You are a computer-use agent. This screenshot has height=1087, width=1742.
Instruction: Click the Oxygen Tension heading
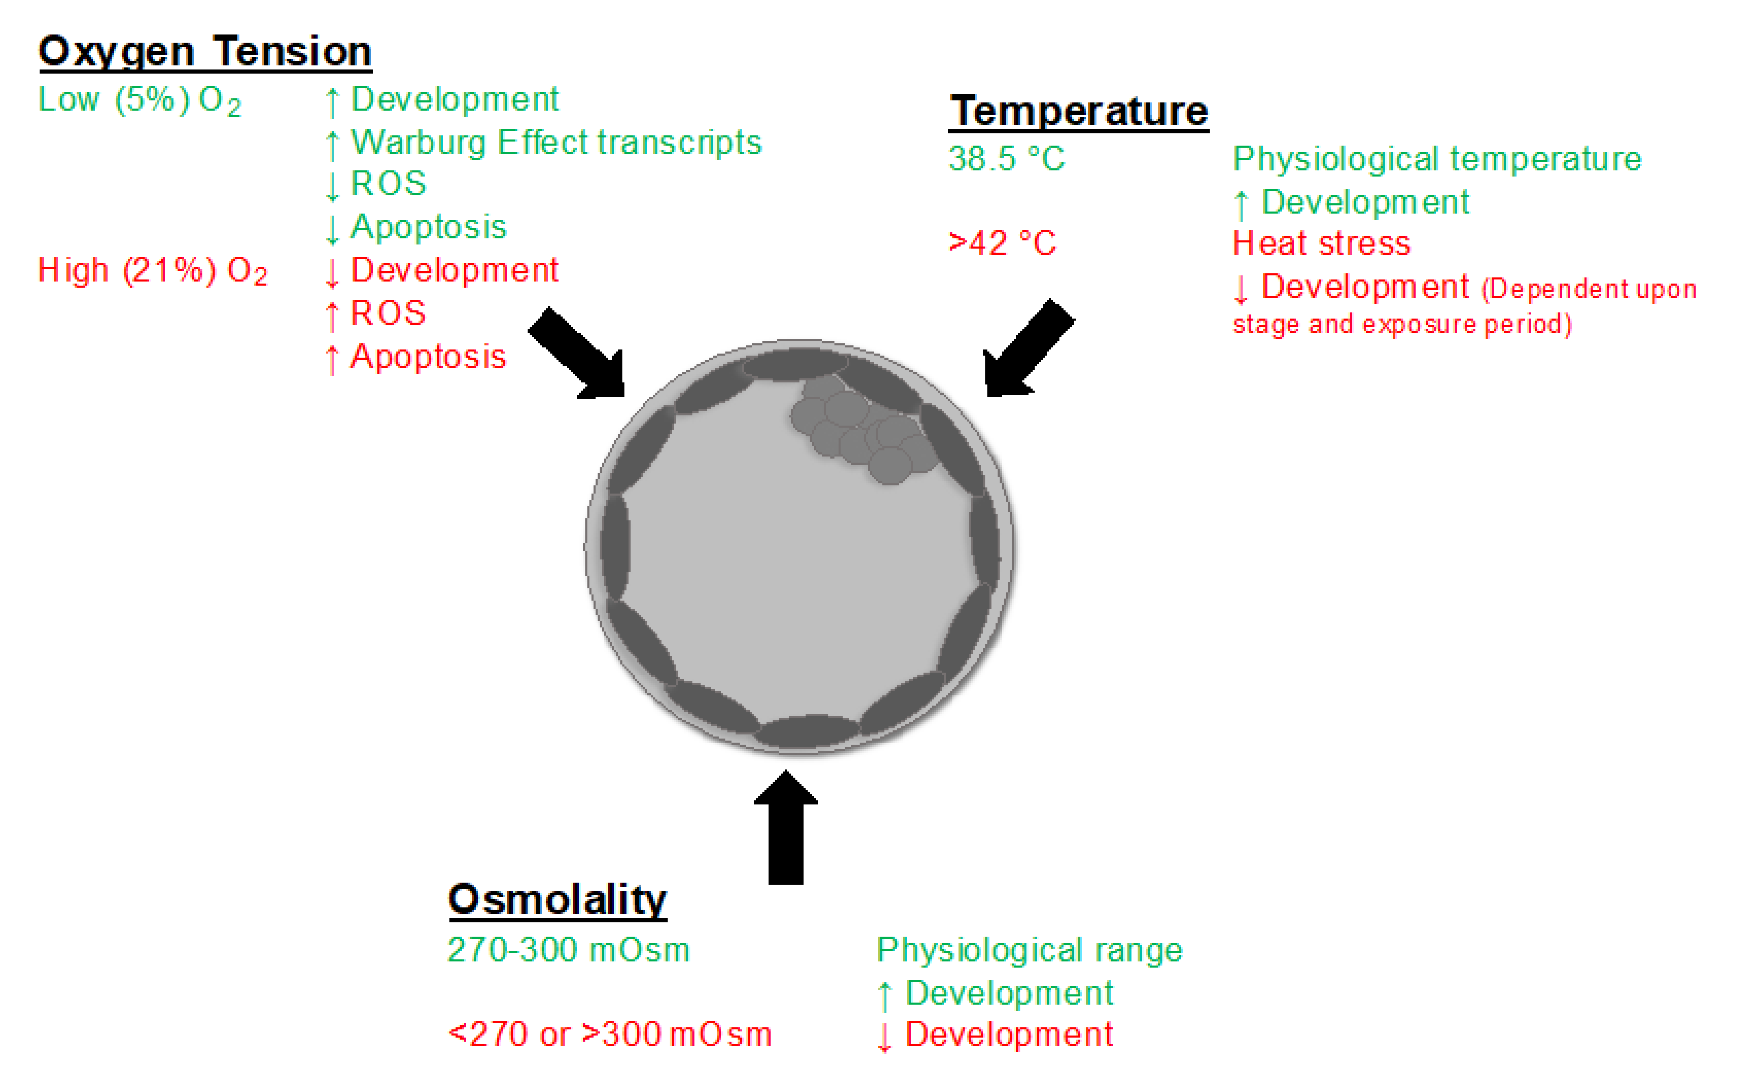coord(205,52)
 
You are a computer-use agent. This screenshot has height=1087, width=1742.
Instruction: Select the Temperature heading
coord(1078,112)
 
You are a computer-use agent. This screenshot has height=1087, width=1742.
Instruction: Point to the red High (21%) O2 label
coord(152,271)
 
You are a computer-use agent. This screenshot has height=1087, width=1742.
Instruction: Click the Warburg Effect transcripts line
coord(555,143)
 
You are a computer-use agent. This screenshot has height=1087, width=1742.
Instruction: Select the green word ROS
coord(388,184)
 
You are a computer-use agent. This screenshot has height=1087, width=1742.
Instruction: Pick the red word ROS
coord(388,313)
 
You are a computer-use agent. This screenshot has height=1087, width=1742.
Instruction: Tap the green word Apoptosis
coord(428,227)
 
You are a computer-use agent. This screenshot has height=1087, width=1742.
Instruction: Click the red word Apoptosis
coord(428,357)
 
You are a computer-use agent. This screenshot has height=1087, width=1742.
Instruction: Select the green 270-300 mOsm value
coord(568,951)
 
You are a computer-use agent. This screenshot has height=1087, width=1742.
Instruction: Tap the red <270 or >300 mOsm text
coord(609,1035)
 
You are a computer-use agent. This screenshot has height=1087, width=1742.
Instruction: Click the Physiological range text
coord(1029,951)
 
